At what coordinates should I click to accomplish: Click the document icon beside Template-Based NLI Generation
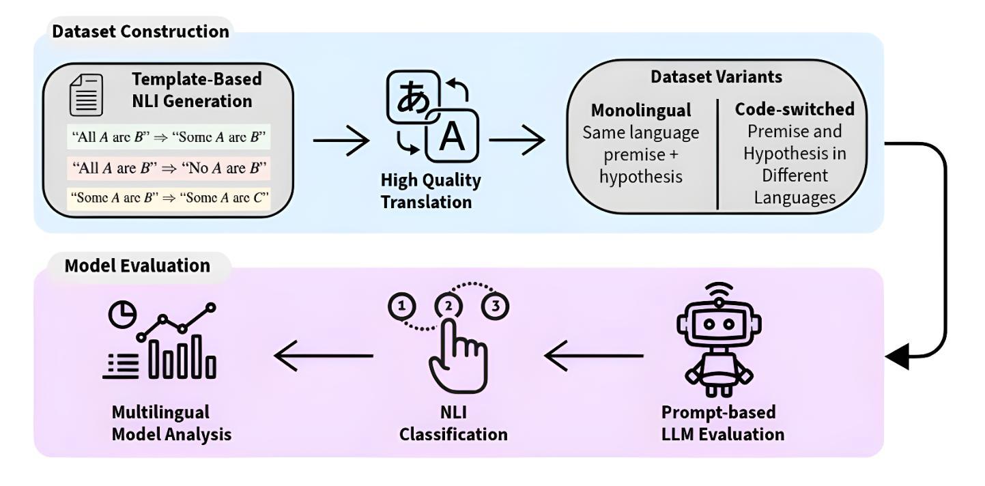(x=86, y=95)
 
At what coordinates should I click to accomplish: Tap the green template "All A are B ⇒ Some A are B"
(x=169, y=137)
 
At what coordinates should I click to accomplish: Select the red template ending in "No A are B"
(x=169, y=167)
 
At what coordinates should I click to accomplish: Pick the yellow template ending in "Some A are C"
(x=169, y=197)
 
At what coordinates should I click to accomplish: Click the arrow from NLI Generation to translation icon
(x=341, y=141)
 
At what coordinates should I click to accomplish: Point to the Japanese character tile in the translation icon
(x=413, y=97)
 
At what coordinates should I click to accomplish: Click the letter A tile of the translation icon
(x=452, y=136)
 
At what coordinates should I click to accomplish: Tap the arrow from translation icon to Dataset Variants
(x=517, y=140)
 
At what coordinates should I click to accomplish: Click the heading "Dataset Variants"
(x=716, y=77)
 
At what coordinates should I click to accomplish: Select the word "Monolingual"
(x=641, y=111)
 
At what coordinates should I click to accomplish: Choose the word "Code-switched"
(x=795, y=109)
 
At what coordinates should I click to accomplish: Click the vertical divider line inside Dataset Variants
(x=717, y=154)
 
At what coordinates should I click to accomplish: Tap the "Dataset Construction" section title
(x=141, y=31)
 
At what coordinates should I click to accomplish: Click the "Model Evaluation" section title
(x=137, y=266)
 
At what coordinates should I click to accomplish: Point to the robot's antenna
(x=719, y=293)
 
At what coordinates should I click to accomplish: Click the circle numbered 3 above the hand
(x=495, y=306)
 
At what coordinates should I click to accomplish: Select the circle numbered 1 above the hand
(x=401, y=306)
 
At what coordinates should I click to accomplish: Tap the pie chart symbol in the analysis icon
(x=122, y=315)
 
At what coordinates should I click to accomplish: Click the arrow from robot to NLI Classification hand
(x=594, y=356)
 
